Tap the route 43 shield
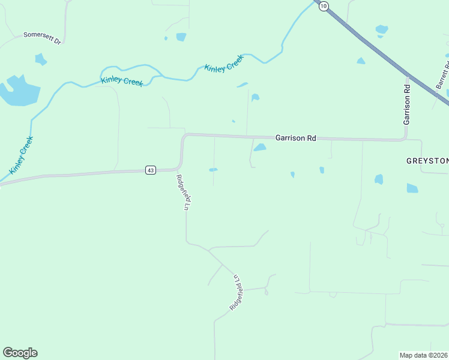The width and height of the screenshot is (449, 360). tap(151, 170)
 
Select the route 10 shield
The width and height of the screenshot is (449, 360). tap(324, 6)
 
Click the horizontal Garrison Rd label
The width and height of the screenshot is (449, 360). tap(295, 138)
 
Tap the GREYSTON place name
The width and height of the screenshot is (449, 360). tap(427, 161)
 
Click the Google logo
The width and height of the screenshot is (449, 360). tap(20, 353)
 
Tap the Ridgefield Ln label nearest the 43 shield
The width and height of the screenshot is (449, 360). tap(183, 192)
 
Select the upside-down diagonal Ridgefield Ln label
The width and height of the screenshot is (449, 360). tap(237, 292)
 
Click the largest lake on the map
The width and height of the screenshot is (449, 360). tap(19, 91)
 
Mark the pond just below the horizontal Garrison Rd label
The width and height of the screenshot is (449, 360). tap(260, 148)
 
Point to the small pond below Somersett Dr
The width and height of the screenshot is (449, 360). tap(41, 59)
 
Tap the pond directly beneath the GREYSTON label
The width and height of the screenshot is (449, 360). tap(412, 188)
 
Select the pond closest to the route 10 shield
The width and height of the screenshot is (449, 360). tap(381, 29)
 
